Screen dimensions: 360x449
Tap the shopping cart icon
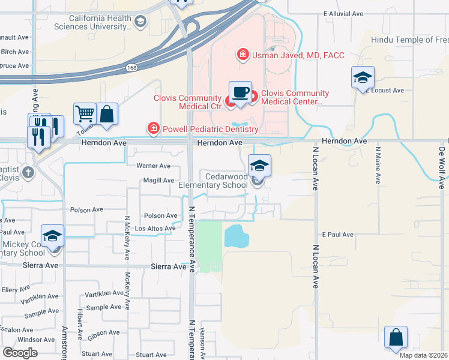(85, 113)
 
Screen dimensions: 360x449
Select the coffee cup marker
(240, 92)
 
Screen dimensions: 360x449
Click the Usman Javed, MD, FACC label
(298, 56)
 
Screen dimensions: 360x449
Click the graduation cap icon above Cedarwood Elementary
(259, 166)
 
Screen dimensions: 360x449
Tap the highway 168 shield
(131, 68)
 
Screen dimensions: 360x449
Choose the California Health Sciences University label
(100, 23)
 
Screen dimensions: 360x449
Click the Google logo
(20, 353)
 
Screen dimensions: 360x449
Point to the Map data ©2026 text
(423, 355)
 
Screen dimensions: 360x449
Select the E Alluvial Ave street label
(343, 13)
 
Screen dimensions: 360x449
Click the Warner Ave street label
(154, 166)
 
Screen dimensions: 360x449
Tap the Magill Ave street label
(158, 181)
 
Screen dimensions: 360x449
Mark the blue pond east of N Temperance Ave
(236, 236)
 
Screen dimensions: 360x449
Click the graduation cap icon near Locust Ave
(363, 78)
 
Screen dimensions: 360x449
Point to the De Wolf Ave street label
(442, 168)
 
